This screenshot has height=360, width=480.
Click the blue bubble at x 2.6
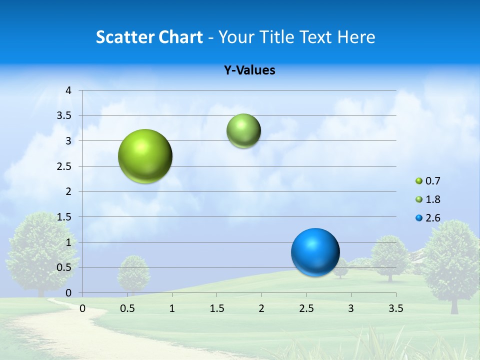pos(315,252)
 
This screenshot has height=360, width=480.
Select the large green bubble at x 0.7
pos(145,156)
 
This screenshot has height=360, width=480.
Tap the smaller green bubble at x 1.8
pos(243,131)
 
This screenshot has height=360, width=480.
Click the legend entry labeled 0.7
pos(428,181)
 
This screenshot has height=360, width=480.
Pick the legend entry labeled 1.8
pos(428,199)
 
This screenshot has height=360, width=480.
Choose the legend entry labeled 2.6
pos(428,218)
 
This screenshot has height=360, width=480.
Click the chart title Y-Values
pos(249,70)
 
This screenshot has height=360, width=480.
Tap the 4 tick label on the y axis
pos(68,90)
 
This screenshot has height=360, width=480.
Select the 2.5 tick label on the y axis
pos(64,166)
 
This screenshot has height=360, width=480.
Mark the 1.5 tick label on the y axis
pos(64,217)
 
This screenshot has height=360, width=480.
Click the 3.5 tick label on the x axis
pos(395,308)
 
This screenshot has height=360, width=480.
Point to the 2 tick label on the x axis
pos(261,308)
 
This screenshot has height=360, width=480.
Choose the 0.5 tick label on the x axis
pos(127,308)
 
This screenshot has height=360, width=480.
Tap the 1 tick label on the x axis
pos(172,308)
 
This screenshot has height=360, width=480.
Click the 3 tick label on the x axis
pos(351,308)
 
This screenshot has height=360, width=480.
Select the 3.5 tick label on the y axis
pos(64,116)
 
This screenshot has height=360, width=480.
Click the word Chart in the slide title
pos(180,37)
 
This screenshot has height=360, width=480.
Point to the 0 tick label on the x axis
pos(82,308)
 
